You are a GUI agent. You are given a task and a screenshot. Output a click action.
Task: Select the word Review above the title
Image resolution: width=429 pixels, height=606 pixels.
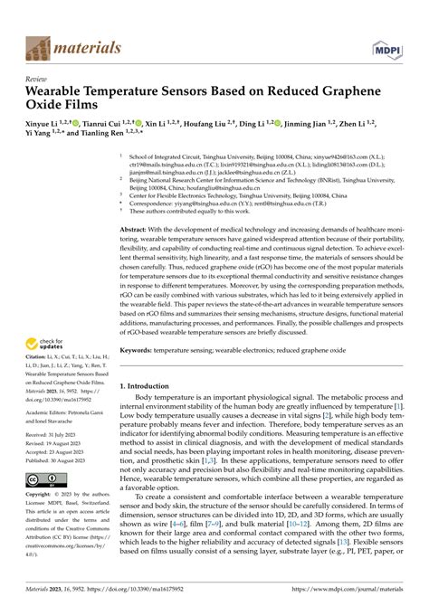coord(37,80)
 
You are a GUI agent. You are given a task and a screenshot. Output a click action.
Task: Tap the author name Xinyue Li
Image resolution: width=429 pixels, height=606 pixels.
coord(43,123)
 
